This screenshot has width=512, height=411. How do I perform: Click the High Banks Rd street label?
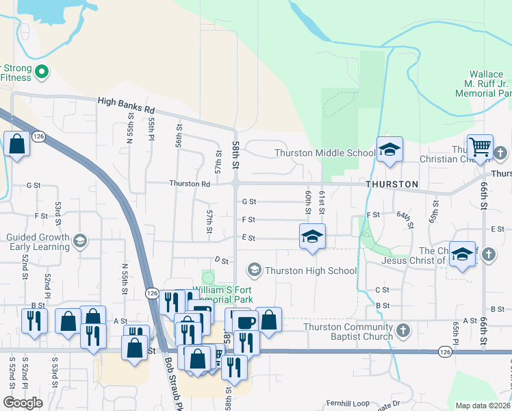[127, 105]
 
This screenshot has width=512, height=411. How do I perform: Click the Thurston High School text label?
[311, 271]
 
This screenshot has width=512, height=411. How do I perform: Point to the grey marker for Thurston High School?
[255, 270]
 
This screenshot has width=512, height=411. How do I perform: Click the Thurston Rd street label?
[190, 184]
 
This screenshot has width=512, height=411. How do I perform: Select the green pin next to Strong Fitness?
[42, 71]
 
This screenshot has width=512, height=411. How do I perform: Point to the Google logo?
[23, 403]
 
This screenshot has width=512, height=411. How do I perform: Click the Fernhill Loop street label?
[347, 403]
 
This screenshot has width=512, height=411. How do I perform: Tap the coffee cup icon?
[246, 322]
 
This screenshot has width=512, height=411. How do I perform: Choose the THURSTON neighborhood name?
[392, 185]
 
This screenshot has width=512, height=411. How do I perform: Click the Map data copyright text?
[483, 406]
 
